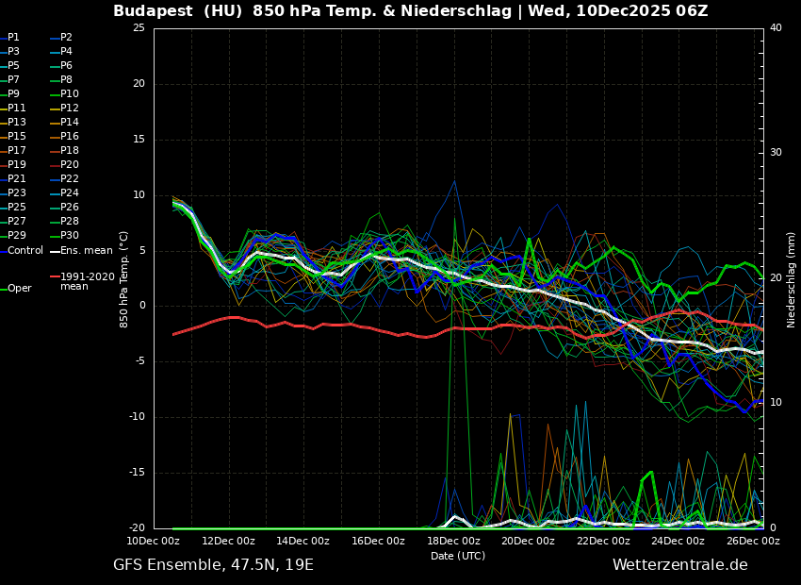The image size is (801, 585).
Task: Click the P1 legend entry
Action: pyautogui.click(x=13, y=38)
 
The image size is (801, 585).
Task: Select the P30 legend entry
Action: pyautogui.click(x=69, y=236)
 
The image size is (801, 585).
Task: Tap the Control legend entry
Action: pyautogui.click(x=25, y=250)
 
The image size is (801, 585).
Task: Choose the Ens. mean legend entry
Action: pyautogui.click(x=86, y=250)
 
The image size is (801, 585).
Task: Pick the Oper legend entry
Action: pyautogui.click(x=19, y=289)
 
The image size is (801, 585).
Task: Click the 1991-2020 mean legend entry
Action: pyautogui.click(x=87, y=281)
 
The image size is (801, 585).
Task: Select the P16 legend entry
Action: pyautogui.click(x=69, y=137)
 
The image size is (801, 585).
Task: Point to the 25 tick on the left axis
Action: pyautogui.click(x=139, y=28)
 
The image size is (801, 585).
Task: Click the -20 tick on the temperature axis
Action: pyautogui.click(x=137, y=528)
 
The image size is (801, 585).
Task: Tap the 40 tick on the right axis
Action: pyautogui.click(x=776, y=28)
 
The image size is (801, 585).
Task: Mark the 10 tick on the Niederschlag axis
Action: pyautogui.click(x=776, y=403)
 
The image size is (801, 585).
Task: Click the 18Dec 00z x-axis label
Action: pyautogui.click(x=453, y=541)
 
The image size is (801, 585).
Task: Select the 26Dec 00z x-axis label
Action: pyautogui.click(x=753, y=541)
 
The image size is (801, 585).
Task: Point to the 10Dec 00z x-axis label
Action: pyautogui.click(x=154, y=541)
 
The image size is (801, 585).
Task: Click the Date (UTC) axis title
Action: pyautogui.click(x=458, y=556)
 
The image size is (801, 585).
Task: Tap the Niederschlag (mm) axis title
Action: pyautogui.click(x=792, y=279)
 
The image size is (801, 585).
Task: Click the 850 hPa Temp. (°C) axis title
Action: pyautogui.click(x=123, y=278)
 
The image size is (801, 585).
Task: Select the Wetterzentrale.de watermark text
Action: pyautogui.click(x=679, y=565)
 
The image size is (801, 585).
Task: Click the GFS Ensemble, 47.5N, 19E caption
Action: pyautogui.click(x=213, y=565)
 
